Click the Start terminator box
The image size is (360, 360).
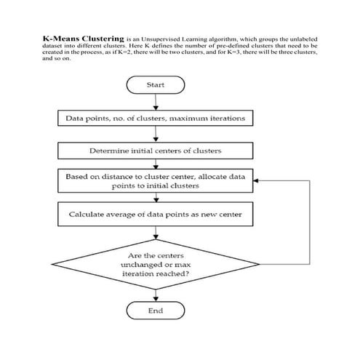click(156, 85)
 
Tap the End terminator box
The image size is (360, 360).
click(156, 311)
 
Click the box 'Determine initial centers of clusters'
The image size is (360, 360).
click(156, 151)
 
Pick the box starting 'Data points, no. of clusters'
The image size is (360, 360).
click(156, 118)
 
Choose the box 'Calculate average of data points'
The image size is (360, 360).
click(156, 215)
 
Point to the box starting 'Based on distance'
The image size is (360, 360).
click(156, 181)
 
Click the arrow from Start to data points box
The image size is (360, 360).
click(156, 101)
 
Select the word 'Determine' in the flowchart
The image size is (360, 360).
click(109, 151)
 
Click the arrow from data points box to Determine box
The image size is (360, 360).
click(156, 135)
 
